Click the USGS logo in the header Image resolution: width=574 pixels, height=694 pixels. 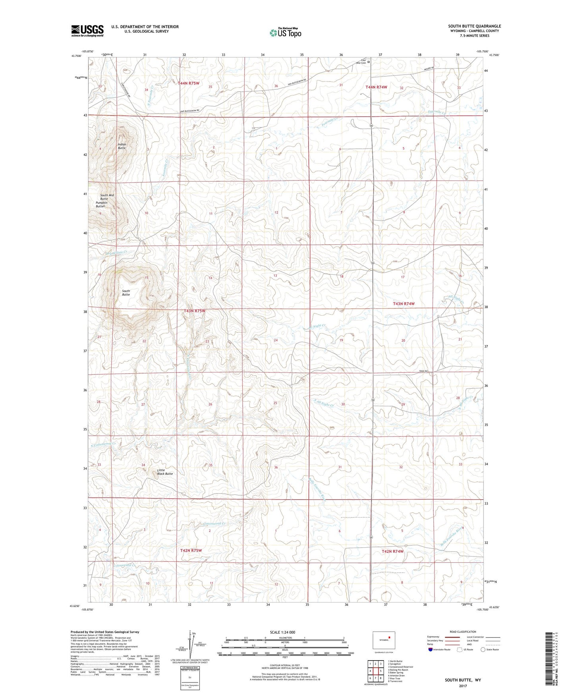[x=87, y=30]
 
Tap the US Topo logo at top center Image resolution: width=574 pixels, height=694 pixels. [x=285, y=33]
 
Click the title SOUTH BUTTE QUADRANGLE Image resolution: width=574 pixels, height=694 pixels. [x=475, y=26]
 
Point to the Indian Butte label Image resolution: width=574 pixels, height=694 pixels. [x=122, y=146]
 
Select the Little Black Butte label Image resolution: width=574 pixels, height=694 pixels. [x=165, y=472]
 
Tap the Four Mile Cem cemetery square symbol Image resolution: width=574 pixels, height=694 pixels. [x=369, y=62]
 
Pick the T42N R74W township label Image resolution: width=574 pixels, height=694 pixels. [x=392, y=551]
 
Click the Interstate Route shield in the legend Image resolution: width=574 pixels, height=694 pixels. [x=431, y=649]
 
